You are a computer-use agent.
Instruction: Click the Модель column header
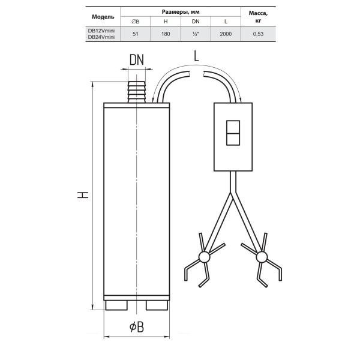point(103,17)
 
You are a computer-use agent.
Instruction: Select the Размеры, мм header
point(181,12)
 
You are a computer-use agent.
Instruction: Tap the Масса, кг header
point(258,17)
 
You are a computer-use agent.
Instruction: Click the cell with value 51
point(136,34)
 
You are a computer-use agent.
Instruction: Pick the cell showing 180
point(166,34)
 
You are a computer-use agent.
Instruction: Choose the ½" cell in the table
point(196,34)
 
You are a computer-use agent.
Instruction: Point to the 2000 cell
point(226,34)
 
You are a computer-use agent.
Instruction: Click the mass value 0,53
point(258,34)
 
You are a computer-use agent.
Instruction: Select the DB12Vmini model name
point(101,31)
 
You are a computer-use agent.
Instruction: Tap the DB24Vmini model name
point(101,37)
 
